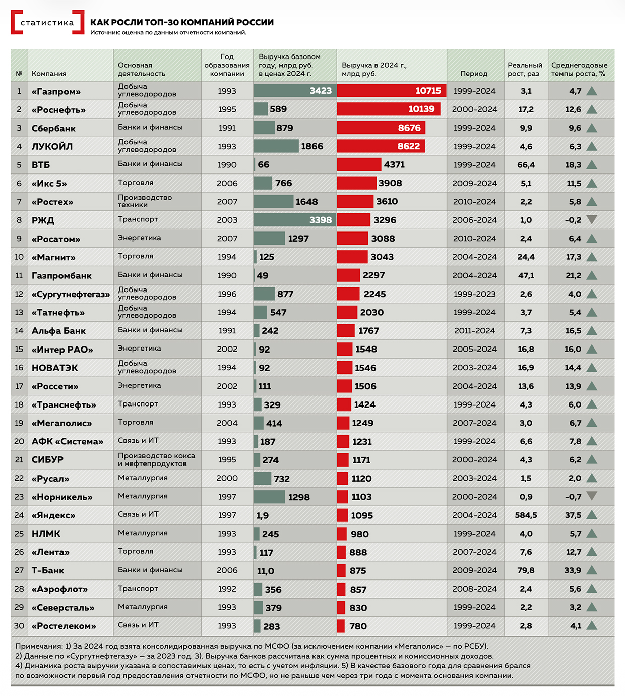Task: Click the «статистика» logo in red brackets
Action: click(47, 23)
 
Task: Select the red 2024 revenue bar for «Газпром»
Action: click(391, 91)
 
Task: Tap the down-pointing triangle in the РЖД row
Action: click(592, 219)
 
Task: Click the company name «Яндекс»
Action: click(53, 515)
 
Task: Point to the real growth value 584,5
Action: click(526, 515)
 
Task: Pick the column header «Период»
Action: click(474, 74)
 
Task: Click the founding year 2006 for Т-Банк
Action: click(227, 570)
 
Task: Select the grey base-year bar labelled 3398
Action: click(294, 220)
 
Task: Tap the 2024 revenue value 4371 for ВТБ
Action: click(394, 164)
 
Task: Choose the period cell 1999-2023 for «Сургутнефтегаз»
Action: click(474, 294)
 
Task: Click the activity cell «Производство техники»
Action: click(145, 201)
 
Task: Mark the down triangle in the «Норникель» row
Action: click(592, 496)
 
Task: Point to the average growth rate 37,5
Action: click(573, 515)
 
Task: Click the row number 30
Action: click(19, 626)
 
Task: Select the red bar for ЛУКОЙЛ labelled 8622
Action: click(381, 146)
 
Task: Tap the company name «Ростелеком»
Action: click(64, 626)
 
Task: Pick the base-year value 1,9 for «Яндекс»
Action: click(262, 515)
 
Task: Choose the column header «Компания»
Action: click(49, 74)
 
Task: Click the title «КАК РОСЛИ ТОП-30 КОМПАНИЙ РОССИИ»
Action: click(182, 22)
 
